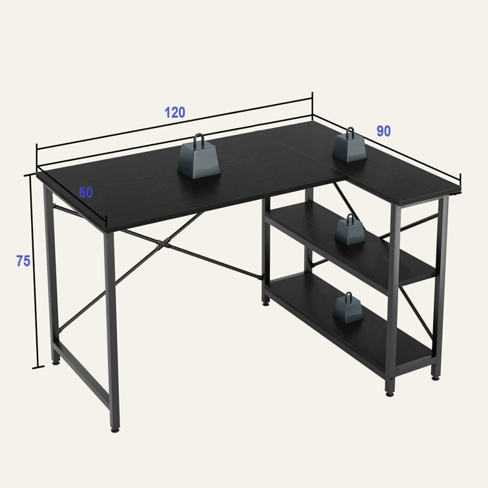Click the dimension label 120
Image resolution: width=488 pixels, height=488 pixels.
tap(175, 112)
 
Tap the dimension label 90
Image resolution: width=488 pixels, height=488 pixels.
tap(383, 131)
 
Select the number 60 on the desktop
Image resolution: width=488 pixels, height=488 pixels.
tap(85, 193)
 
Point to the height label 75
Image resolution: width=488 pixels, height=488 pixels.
tap(23, 261)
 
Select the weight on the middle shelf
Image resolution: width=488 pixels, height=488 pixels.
tap(350, 229)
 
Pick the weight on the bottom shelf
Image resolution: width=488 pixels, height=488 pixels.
tap(348, 308)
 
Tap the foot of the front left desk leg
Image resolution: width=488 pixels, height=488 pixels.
tap(115, 429)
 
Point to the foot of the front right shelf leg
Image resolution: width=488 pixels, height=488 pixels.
tap(389, 394)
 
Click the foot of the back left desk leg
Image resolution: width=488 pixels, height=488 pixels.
tap(56, 362)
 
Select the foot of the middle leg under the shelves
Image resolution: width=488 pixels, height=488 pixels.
tap(266, 303)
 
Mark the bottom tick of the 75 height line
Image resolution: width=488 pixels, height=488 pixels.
tap(38, 368)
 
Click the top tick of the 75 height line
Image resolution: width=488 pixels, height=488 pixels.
tap(30, 175)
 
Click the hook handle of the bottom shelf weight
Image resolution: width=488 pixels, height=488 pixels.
tap(348, 297)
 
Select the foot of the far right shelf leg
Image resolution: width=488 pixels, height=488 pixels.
tap(436, 378)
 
